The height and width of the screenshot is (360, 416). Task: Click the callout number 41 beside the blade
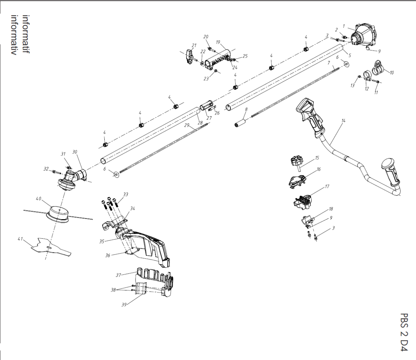[20, 239]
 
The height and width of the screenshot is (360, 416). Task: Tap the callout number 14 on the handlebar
[343, 121]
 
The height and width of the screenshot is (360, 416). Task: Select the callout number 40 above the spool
[38, 199]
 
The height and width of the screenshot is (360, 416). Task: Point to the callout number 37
[118, 275]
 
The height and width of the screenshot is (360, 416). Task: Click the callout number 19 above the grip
[218, 42]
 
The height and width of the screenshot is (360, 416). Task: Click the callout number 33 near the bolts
[125, 195]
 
